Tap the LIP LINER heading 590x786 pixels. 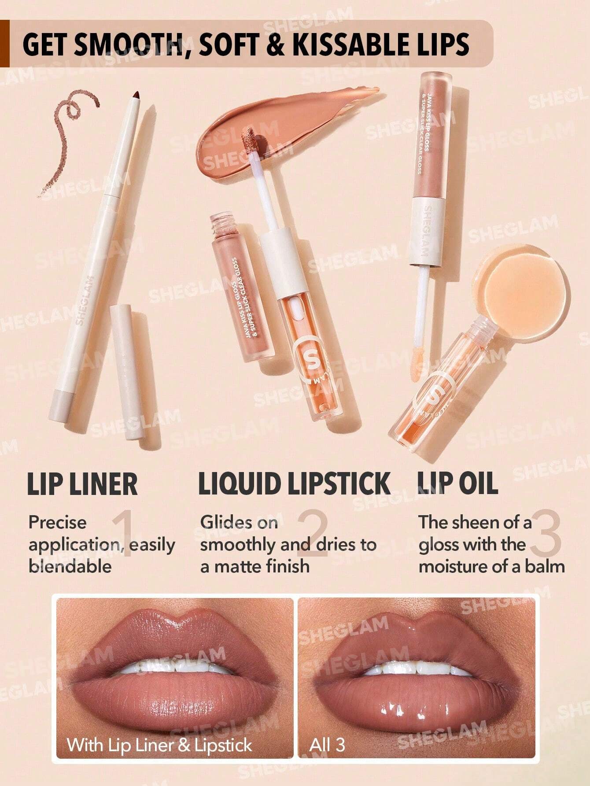click(82, 484)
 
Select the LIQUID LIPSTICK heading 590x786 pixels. click(294, 483)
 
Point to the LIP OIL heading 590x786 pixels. click(457, 483)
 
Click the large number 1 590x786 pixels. click(123, 534)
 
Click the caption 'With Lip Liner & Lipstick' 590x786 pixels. click(159, 745)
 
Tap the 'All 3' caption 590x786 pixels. click(327, 745)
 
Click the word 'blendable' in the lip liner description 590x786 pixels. click(70, 566)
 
